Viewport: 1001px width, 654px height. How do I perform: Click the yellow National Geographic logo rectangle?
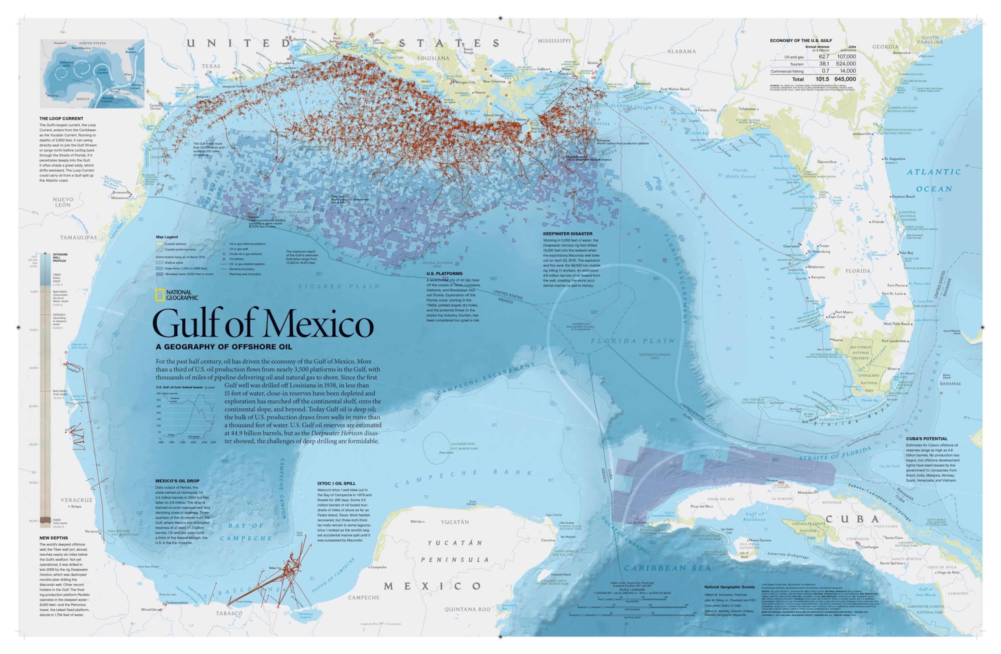pyautogui.click(x=160, y=295)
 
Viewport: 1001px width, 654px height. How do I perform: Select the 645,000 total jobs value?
pyautogui.click(x=845, y=79)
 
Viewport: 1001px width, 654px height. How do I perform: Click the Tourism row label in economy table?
pyautogui.click(x=797, y=64)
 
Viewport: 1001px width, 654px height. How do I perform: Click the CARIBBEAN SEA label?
pyautogui.click(x=667, y=568)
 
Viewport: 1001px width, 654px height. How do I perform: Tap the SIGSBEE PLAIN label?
pyautogui.click(x=339, y=286)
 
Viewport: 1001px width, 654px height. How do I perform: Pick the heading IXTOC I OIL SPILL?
pyautogui.click(x=336, y=483)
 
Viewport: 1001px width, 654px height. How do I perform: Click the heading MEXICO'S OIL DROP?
pyautogui.click(x=177, y=481)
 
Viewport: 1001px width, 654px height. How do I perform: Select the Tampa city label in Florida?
pyautogui.click(x=824, y=246)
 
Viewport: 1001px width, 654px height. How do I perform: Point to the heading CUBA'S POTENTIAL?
pyautogui.click(x=927, y=438)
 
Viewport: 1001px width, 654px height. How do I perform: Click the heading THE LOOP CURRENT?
pyautogui.click(x=61, y=119)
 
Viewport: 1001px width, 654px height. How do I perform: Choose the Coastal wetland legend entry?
pyautogui.click(x=175, y=244)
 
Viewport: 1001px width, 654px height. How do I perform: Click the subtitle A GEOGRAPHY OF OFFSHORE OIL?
pyautogui.click(x=224, y=347)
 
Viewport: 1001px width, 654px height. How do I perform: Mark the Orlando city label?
pyautogui.click(x=878, y=222)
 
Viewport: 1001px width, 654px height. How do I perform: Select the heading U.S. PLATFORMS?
pyautogui.click(x=444, y=273)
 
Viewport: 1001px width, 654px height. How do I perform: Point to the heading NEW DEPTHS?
pyautogui.click(x=53, y=538)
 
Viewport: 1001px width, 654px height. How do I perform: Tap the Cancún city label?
pyautogui.click(x=547, y=540)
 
